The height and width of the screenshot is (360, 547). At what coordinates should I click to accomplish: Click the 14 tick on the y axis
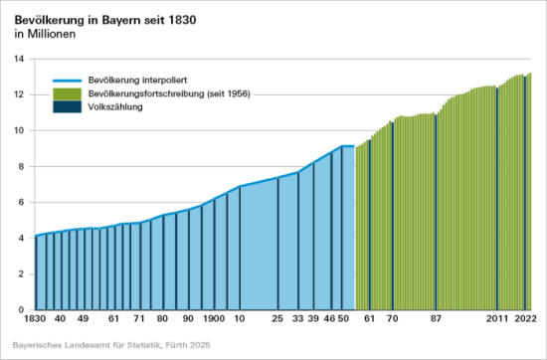19,59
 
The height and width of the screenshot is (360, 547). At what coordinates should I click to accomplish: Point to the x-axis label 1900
213,319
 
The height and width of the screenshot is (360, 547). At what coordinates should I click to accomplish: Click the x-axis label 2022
525,319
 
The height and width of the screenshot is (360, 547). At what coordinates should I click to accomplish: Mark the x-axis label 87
436,319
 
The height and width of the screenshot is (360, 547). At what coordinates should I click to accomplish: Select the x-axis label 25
277,319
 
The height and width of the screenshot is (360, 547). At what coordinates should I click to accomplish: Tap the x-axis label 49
84,319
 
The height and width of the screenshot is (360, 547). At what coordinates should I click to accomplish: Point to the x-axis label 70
392,319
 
